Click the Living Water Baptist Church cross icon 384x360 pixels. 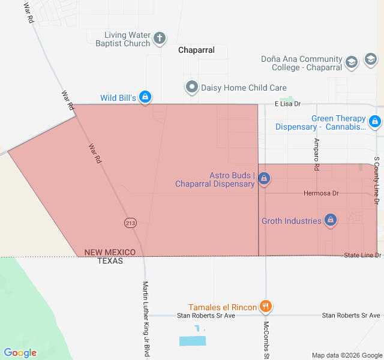[160, 39]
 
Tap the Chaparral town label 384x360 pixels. [196, 50]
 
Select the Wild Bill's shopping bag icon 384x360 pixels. [145, 97]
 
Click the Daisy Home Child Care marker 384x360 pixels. [192, 88]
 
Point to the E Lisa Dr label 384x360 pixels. [287, 104]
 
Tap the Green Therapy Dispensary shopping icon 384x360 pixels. [375, 122]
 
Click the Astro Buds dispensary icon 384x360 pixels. [264, 179]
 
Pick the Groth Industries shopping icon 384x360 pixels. [329, 221]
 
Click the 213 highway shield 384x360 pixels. [130, 223]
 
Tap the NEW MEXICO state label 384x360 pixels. [110, 253]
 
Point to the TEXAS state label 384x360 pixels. [110, 261]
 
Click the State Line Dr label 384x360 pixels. [362, 256]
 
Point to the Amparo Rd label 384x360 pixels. [316, 154]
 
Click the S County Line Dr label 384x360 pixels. [376, 180]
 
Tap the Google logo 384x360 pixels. [20, 353]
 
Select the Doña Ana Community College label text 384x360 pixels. [302, 63]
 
